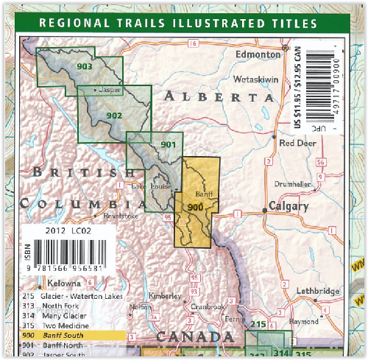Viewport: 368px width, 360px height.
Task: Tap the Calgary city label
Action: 289,206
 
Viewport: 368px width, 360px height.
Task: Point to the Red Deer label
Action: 296,143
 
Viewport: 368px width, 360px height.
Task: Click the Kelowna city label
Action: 66,283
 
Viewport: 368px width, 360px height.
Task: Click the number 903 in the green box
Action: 84,67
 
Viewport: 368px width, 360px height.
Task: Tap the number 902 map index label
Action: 114,116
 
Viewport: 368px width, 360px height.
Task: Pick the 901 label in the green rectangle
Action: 168,144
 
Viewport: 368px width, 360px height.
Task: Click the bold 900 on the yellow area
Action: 195,208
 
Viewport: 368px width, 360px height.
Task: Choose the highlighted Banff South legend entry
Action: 63,335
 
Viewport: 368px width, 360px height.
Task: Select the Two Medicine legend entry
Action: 66,325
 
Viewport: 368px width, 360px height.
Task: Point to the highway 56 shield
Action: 320,162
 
